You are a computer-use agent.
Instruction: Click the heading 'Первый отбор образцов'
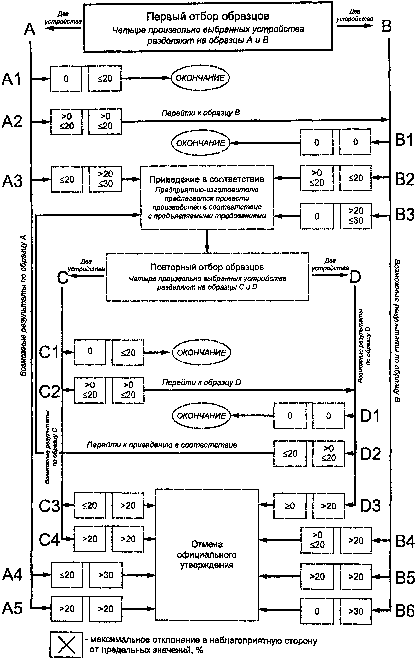(x=208, y=16)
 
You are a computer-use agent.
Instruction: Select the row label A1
(x=11, y=79)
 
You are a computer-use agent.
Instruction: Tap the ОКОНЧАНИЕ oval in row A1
(x=200, y=78)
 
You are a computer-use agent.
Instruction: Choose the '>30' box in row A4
(x=106, y=575)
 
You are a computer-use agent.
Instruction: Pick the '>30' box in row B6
(x=356, y=611)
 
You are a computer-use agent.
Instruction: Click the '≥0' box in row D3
(x=290, y=506)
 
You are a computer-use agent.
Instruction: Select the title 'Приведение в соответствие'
(x=207, y=179)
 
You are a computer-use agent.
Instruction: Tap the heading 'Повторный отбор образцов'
(x=207, y=267)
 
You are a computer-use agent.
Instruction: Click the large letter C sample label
(x=63, y=278)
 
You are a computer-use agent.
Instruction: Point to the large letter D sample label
(x=355, y=277)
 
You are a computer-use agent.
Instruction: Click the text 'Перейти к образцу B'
(x=201, y=113)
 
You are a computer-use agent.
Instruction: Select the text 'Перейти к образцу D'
(x=202, y=382)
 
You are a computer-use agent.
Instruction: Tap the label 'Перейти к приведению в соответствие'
(x=162, y=445)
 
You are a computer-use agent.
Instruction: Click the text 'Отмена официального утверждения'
(x=207, y=555)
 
